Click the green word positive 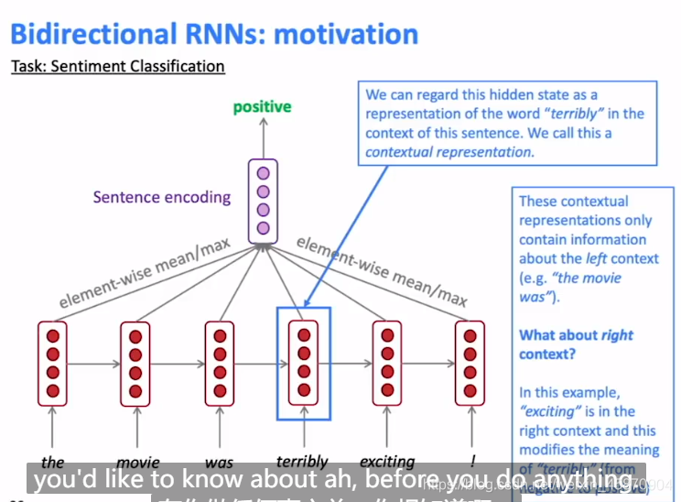pos(262,107)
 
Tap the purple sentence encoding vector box pos(263,200)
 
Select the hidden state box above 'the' pos(52,363)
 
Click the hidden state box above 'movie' pos(136,363)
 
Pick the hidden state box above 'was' pos(220,363)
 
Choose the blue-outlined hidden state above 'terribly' pos(303,363)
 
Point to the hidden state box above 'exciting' pos(387,363)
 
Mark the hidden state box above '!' pos(470,363)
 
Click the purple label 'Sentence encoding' pos(162,197)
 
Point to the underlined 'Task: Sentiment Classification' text pos(117,66)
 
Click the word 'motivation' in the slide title pos(346,34)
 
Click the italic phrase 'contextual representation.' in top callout pos(449,152)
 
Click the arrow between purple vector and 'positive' pos(263,138)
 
